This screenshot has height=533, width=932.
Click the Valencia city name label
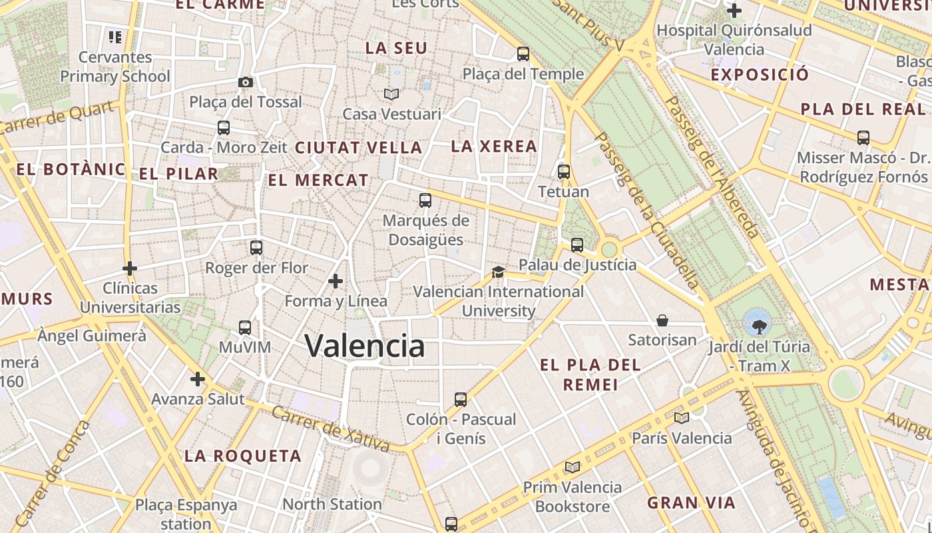coord(364,346)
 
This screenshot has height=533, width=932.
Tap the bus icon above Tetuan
coord(564,172)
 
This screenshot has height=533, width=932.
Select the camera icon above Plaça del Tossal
coord(246,82)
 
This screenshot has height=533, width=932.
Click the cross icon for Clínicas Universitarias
coord(130,268)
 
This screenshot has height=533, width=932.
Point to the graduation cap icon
coord(498,272)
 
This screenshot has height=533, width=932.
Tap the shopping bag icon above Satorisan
coord(662,320)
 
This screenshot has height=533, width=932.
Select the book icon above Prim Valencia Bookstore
coord(572,467)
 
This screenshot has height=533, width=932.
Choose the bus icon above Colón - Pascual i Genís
coord(461,400)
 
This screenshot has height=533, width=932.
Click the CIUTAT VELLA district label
coord(358,147)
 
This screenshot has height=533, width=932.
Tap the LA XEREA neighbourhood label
coord(494,146)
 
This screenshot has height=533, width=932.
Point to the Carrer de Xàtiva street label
coord(330,427)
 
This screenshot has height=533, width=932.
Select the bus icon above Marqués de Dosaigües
coord(425,200)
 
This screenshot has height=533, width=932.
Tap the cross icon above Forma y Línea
coord(336,282)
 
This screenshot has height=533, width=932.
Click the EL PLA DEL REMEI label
coord(590,374)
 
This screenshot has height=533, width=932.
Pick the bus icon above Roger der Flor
coord(256,248)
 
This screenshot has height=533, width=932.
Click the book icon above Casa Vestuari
coord(391,94)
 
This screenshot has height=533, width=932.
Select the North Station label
coord(332,504)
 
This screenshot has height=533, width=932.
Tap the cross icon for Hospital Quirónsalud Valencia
coord(734,11)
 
